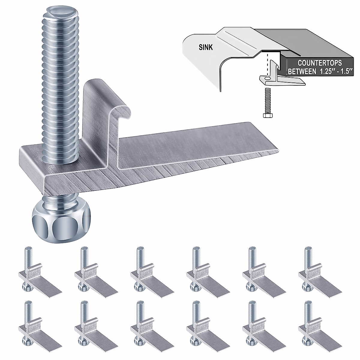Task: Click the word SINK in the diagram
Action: click(205, 47)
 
